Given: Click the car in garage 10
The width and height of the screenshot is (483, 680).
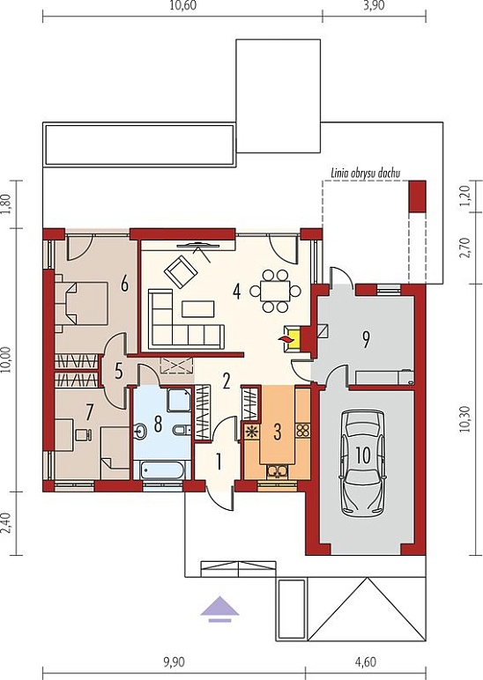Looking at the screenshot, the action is point(362,462).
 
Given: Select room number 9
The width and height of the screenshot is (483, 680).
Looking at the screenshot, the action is point(366,340).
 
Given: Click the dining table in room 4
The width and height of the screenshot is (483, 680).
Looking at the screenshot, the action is point(275,291).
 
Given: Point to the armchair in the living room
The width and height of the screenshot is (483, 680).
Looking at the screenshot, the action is point(180,272).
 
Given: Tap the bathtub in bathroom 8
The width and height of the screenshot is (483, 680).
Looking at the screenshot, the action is point(161,469).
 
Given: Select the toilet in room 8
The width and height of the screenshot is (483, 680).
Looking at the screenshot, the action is point(180,431).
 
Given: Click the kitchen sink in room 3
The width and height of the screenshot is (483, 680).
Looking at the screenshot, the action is point(276,470).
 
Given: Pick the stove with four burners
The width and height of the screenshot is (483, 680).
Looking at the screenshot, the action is point(302,430).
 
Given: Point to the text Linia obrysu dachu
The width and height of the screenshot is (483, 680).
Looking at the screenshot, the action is point(366,173).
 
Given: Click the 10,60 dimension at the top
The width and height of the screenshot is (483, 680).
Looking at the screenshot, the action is point(179,5).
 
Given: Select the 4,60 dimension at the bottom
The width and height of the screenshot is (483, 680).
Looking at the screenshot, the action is point(366,662).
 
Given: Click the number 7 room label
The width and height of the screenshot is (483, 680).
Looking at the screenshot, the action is point(89,412).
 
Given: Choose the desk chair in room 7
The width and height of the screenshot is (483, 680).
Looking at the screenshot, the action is point(84,434).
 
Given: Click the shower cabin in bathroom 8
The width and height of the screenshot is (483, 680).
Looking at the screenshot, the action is point(179,400).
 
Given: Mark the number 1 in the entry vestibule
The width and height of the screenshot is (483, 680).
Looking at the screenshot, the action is point(219,462).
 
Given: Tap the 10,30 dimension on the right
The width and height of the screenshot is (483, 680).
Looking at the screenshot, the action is point(465,419).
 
